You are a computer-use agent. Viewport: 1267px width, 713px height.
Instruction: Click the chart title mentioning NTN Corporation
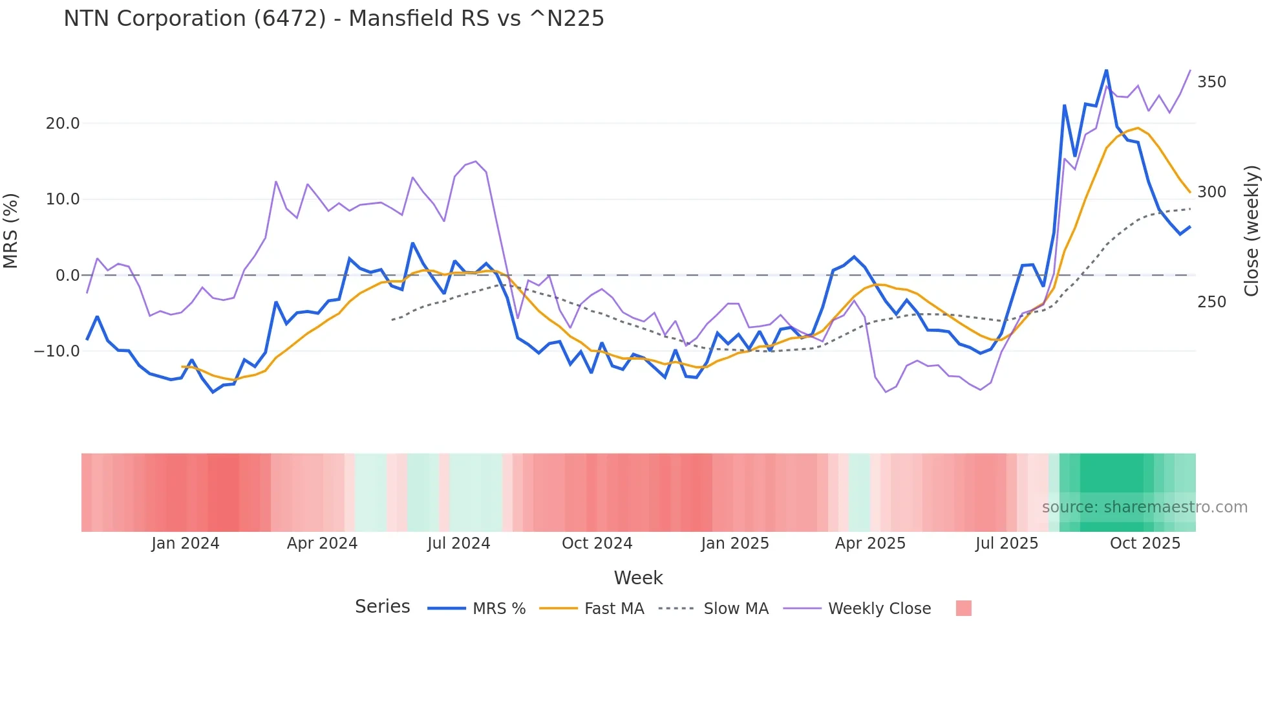click(334, 19)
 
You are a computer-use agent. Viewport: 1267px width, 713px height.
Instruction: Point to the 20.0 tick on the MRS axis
click(63, 124)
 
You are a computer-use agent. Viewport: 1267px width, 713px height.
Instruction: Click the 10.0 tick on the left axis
click(63, 199)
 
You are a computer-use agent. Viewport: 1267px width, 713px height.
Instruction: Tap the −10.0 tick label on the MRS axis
click(57, 351)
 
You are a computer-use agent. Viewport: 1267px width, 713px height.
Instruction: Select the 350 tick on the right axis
click(1211, 82)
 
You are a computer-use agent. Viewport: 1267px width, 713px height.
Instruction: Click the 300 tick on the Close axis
click(1211, 192)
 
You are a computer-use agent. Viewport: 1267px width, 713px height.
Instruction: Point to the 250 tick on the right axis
click(1211, 302)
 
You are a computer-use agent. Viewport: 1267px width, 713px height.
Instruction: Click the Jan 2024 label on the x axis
click(186, 543)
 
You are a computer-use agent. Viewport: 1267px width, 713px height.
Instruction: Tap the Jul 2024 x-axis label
click(458, 543)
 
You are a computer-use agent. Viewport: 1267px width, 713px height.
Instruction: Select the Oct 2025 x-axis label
click(1145, 543)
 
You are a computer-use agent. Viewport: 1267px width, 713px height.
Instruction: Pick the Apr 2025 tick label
click(870, 543)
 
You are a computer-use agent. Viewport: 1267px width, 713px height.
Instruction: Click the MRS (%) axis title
click(11, 231)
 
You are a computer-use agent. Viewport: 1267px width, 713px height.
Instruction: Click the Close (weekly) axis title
click(1251, 231)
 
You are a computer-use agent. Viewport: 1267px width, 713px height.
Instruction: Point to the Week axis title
click(638, 578)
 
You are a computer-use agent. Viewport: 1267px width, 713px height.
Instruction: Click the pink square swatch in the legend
click(963, 608)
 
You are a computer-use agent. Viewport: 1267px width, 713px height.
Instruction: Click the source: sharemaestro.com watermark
click(1144, 507)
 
